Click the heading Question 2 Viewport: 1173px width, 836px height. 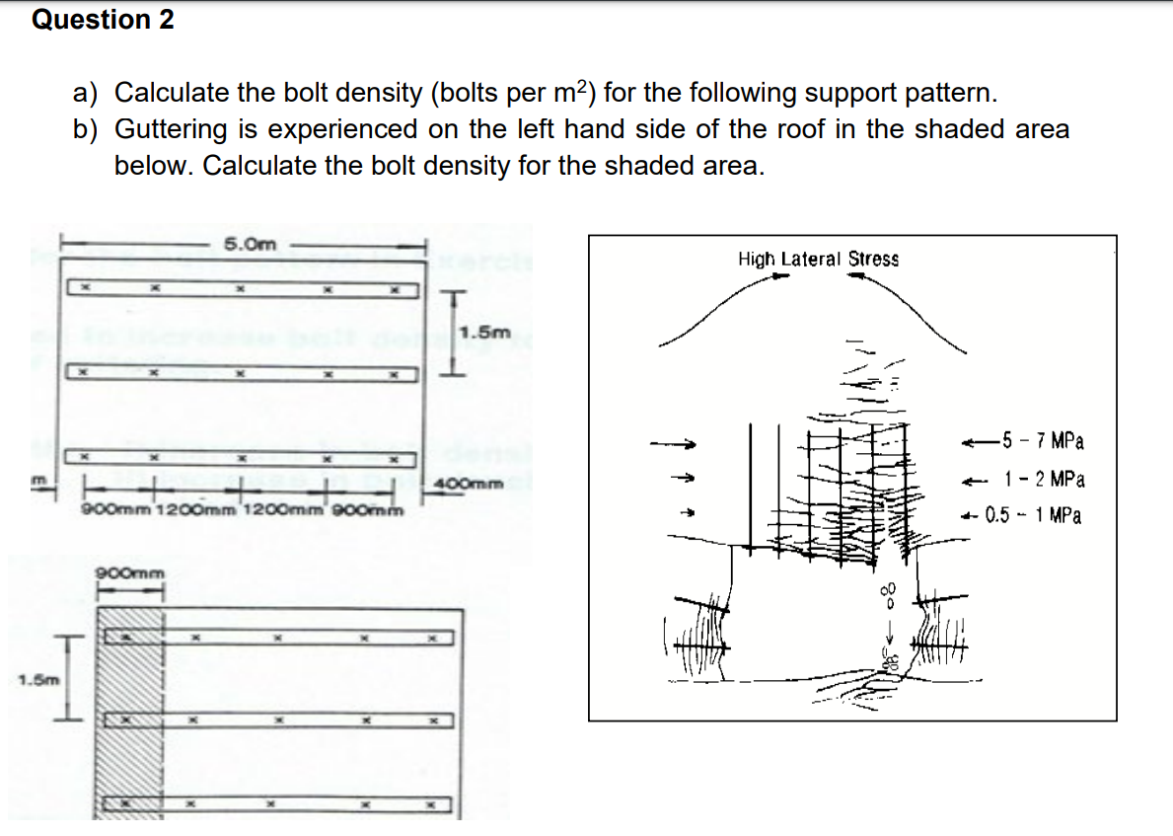(x=103, y=20)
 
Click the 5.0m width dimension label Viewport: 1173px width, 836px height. (x=249, y=244)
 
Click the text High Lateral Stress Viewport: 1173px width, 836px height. (x=818, y=260)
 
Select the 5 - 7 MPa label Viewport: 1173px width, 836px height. (x=1041, y=440)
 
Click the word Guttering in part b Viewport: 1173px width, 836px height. (x=172, y=129)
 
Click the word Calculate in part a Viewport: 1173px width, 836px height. (x=172, y=93)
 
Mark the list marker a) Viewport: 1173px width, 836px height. (x=86, y=93)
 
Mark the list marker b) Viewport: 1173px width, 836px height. (x=86, y=129)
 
